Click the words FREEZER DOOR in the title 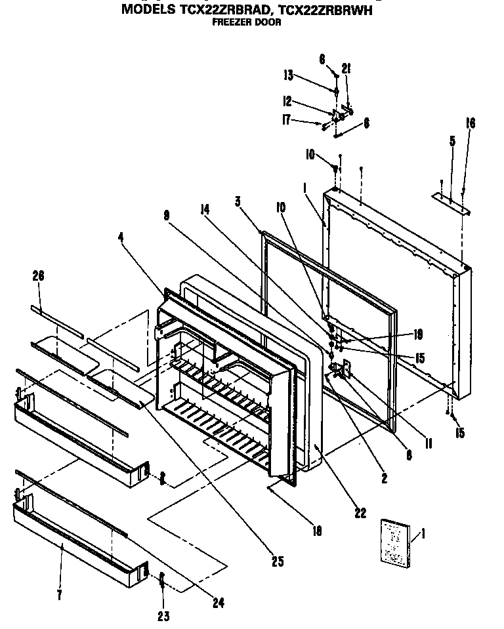[247, 22]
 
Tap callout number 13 [288, 76]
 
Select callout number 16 [470, 123]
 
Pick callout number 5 [452, 140]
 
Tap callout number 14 [205, 209]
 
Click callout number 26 [38, 277]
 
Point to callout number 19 [418, 334]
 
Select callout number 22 [360, 513]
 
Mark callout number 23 [163, 615]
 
